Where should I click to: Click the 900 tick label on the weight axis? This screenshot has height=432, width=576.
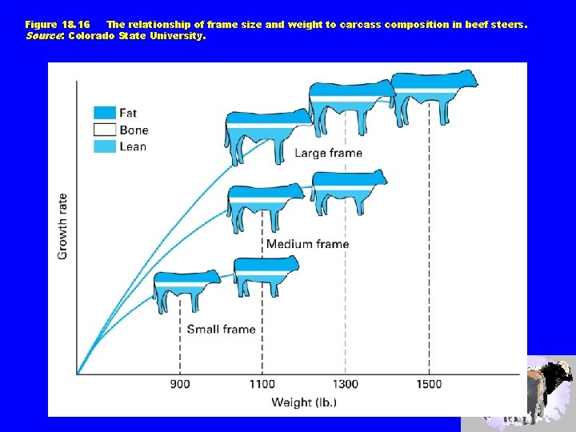tap(180, 384)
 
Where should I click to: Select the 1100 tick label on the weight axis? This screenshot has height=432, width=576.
tap(262, 384)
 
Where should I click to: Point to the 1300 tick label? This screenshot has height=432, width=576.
tap(345, 384)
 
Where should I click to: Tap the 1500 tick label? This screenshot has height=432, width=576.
tap(428, 384)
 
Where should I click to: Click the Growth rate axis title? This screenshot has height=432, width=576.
tap(62, 226)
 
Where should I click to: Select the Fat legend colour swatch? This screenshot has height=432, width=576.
tap(105, 113)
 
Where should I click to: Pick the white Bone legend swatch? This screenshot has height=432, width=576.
tap(105, 130)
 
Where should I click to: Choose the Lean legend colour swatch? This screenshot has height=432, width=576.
tap(105, 146)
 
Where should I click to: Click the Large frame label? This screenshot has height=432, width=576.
tap(328, 153)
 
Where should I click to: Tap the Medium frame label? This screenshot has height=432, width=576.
tap(307, 244)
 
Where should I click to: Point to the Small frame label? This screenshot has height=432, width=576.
tap(221, 329)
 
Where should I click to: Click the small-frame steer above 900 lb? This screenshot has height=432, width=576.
tap(185, 290)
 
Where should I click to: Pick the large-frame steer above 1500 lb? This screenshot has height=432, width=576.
tap(433, 94)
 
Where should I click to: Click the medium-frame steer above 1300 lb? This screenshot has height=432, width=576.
tap(348, 192)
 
